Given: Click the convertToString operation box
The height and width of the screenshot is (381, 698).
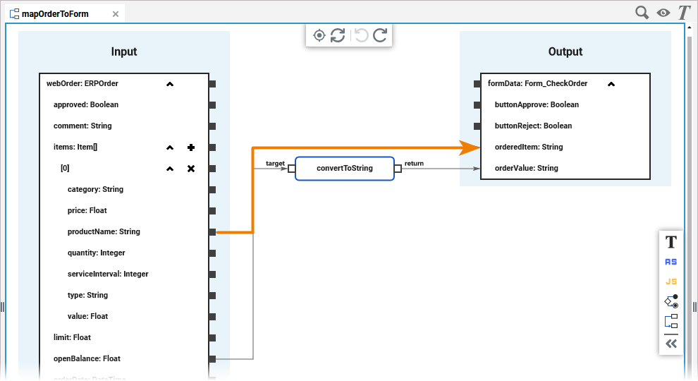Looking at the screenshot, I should point(344,168).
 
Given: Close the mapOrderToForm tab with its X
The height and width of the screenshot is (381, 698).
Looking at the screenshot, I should point(116,13).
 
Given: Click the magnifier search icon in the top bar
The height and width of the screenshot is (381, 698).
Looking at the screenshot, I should point(642,13).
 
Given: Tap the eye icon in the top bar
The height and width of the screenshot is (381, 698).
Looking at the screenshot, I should point(663,13).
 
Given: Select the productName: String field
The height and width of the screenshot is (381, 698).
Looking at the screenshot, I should point(104,231).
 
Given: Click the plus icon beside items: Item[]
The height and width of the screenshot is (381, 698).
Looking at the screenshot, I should point(190,147).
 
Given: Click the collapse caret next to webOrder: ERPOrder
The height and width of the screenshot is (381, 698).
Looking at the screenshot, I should point(169,84).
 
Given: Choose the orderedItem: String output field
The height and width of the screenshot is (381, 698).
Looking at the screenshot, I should point(529,147).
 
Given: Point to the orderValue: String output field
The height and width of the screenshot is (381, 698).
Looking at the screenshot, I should point(526,168).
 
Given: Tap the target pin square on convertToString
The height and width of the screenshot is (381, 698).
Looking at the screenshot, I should point(291,168).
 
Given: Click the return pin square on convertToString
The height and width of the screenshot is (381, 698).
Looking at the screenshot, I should point(398,168).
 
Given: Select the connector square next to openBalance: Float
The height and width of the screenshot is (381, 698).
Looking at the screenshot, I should point(212,359).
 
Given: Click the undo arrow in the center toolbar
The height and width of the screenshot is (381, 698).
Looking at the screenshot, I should point(361,35).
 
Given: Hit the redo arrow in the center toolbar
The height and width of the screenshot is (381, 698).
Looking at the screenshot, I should point(380,35).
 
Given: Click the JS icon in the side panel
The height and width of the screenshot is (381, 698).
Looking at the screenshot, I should point(671,282).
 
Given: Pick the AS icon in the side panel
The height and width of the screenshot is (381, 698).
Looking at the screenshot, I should point(671,262).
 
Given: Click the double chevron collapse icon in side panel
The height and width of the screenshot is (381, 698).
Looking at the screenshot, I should point(671,344).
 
